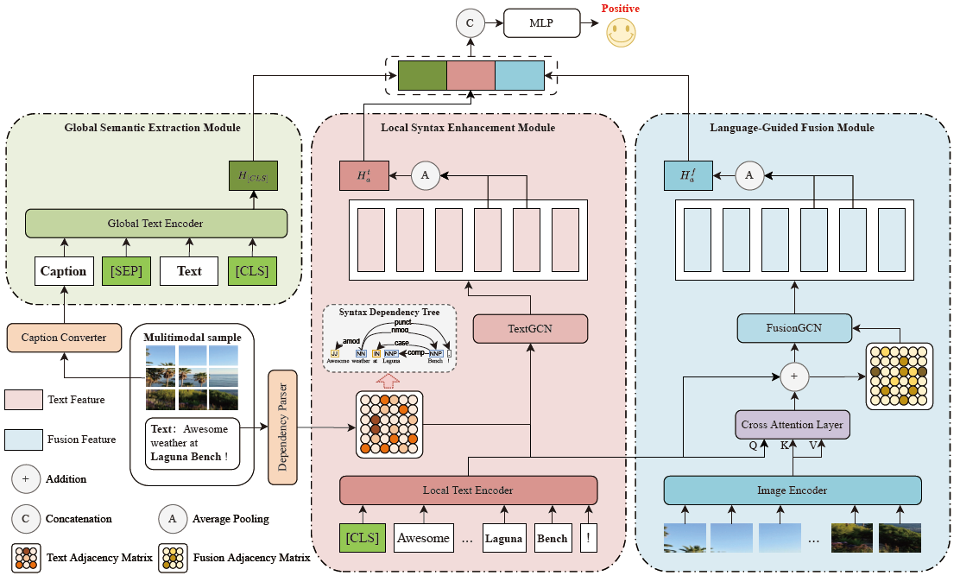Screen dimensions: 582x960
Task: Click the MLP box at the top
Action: coord(542,24)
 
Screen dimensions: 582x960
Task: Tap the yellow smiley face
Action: coord(620,32)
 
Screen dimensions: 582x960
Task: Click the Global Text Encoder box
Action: coord(155,224)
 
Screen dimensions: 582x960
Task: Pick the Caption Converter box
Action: coord(64,338)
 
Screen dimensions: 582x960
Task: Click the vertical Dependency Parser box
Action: coord(282,427)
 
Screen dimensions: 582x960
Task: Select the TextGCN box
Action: coord(530,329)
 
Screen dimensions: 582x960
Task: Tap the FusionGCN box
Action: coord(793,327)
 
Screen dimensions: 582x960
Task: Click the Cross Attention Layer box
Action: coord(792,425)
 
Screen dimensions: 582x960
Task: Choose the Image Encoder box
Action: coord(792,490)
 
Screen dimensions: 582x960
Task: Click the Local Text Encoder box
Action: coord(468,490)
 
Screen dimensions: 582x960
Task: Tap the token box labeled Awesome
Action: coord(423,538)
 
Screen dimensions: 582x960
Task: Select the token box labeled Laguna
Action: coord(503,538)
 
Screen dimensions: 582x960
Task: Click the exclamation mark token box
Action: coord(588,538)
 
